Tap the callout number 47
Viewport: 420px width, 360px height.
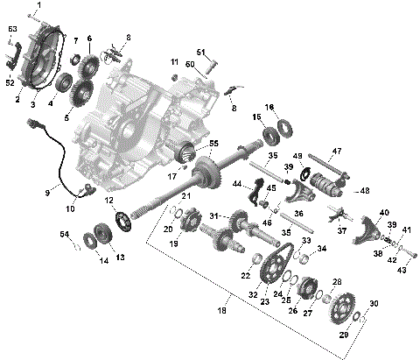pos(337,151)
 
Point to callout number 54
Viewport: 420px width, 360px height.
pos(64,234)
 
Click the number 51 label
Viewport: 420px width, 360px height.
pos(200,52)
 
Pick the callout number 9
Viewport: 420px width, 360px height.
pos(47,192)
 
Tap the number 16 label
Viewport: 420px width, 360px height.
pos(269,107)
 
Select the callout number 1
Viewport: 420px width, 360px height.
pos(37,6)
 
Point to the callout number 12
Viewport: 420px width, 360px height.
pos(110,201)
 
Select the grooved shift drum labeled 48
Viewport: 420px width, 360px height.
pos(336,185)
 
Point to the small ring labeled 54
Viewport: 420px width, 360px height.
pos(76,245)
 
